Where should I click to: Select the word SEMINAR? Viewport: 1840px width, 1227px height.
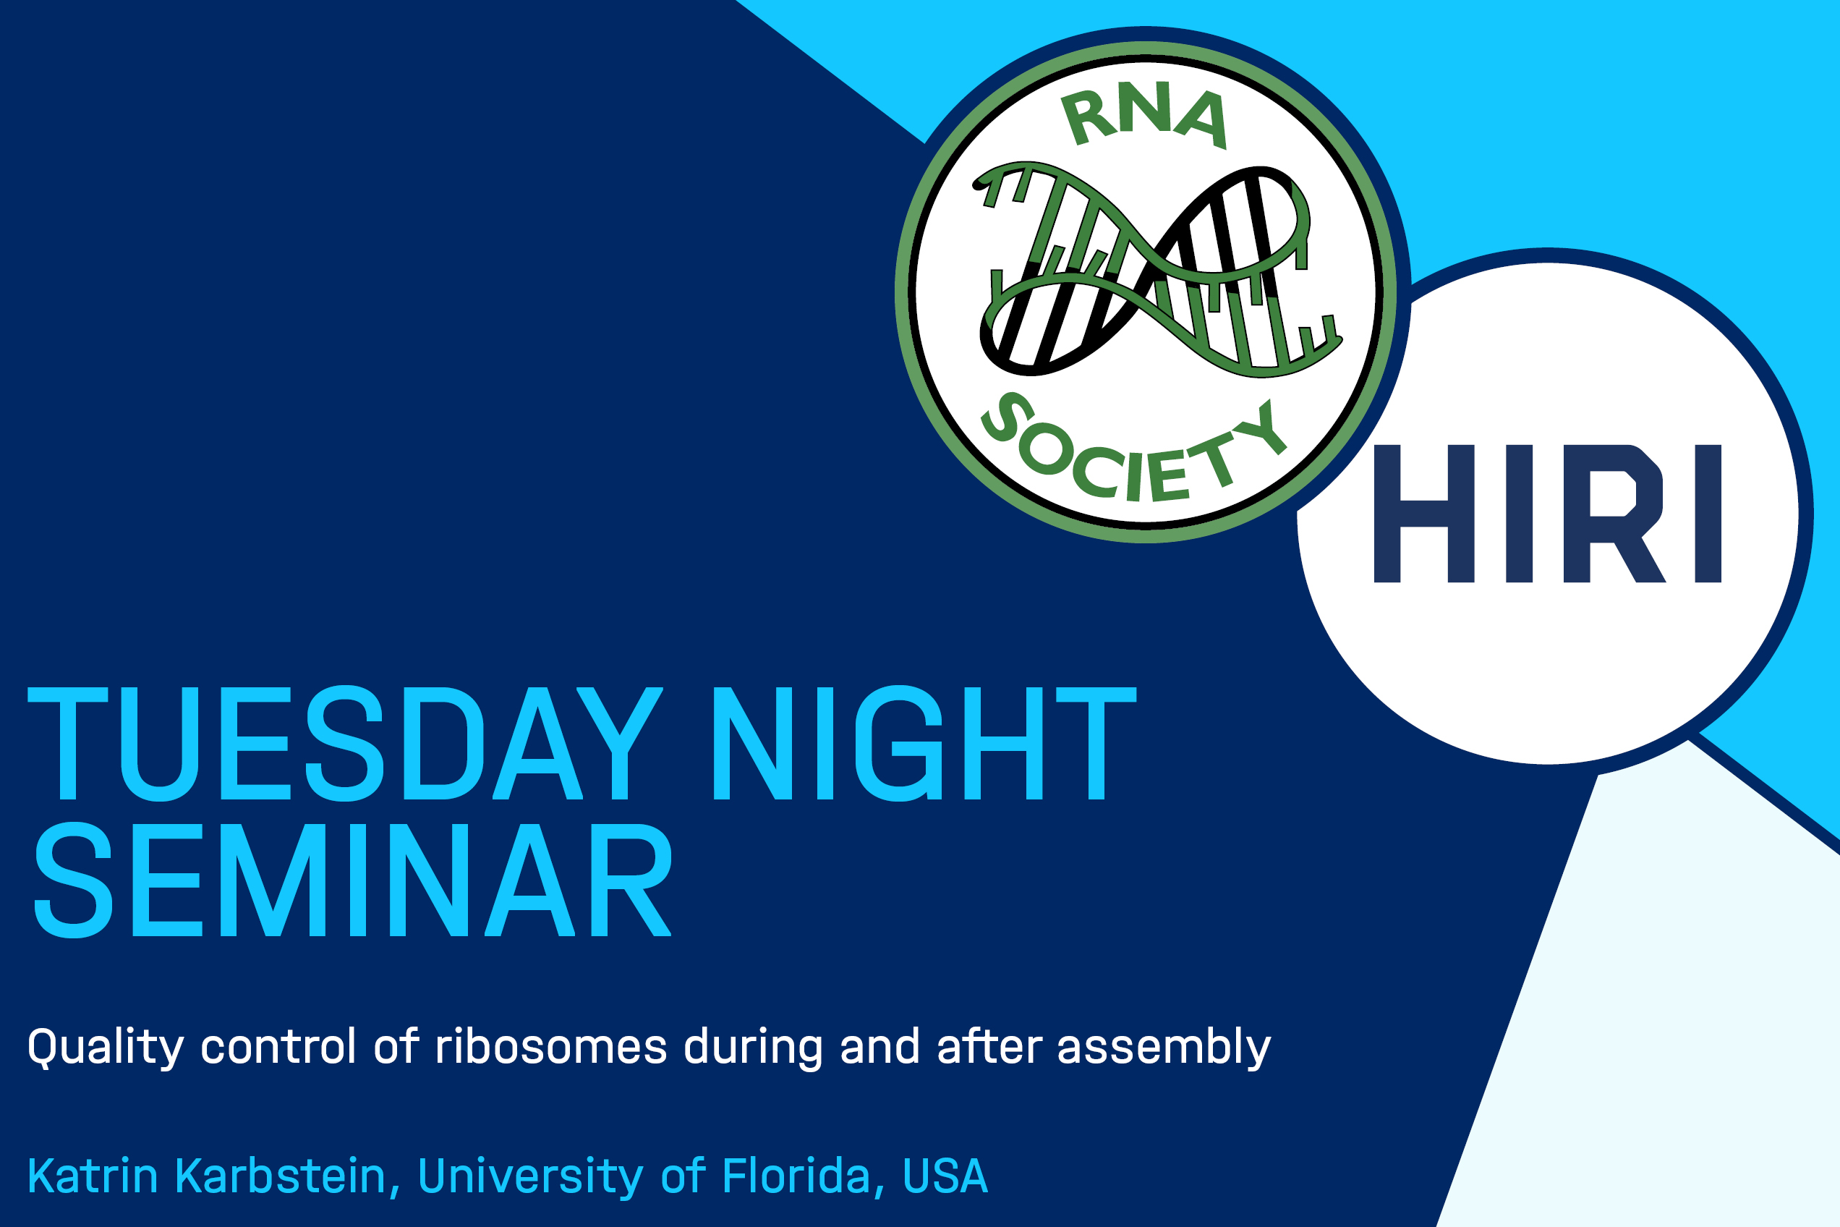(x=353, y=880)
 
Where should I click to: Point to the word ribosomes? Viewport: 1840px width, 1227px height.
(x=550, y=1046)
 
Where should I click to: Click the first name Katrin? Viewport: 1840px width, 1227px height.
(x=93, y=1176)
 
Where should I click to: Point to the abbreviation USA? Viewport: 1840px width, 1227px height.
(x=945, y=1176)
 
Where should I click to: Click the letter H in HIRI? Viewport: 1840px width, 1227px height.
(x=1424, y=514)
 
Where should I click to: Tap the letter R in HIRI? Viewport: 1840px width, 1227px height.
(x=1614, y=514)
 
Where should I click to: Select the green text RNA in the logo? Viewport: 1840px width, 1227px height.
(x=1144, y=115)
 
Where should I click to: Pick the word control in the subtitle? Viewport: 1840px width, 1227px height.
(x=278, y=1046)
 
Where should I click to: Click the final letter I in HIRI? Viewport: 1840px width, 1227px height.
(x=1708, y=514)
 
